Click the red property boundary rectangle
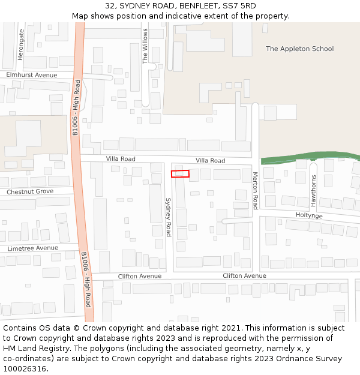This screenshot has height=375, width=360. pos(180,174)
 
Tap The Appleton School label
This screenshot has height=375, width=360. pos(299,49)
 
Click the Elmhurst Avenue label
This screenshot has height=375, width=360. pos(32,75)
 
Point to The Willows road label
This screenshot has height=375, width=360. pos(145,46)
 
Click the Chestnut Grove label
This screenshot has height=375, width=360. pos(30,191)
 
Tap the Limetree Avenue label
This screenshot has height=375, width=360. pos(33,248)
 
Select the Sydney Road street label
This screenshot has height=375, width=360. pos(169,217)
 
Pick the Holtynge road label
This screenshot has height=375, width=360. pos(309,215)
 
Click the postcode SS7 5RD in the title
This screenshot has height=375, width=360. pos(239,6)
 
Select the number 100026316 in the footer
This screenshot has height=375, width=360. pos(25,369)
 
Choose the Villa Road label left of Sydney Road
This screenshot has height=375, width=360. pos(121,159)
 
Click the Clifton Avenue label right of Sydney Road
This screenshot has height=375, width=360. pos(244,276)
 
